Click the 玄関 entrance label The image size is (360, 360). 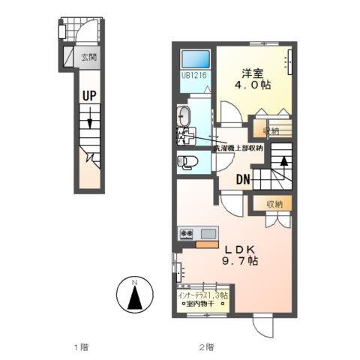88,55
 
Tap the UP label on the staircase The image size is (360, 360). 89,96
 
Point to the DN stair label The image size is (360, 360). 243,179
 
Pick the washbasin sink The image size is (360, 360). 186,117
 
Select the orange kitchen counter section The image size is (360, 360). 206,242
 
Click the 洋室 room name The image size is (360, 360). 253,73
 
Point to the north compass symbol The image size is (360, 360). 133,297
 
